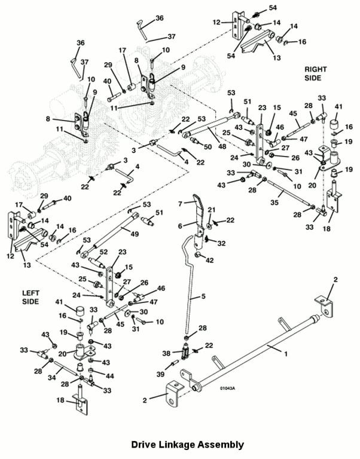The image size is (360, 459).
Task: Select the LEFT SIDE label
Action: (x=30, y=297)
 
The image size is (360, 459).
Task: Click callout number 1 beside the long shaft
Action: (x=285, y=353)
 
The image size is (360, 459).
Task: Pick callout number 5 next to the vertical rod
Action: (x=202, y=296)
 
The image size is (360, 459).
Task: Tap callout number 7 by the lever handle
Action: (x=180, y=204)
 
